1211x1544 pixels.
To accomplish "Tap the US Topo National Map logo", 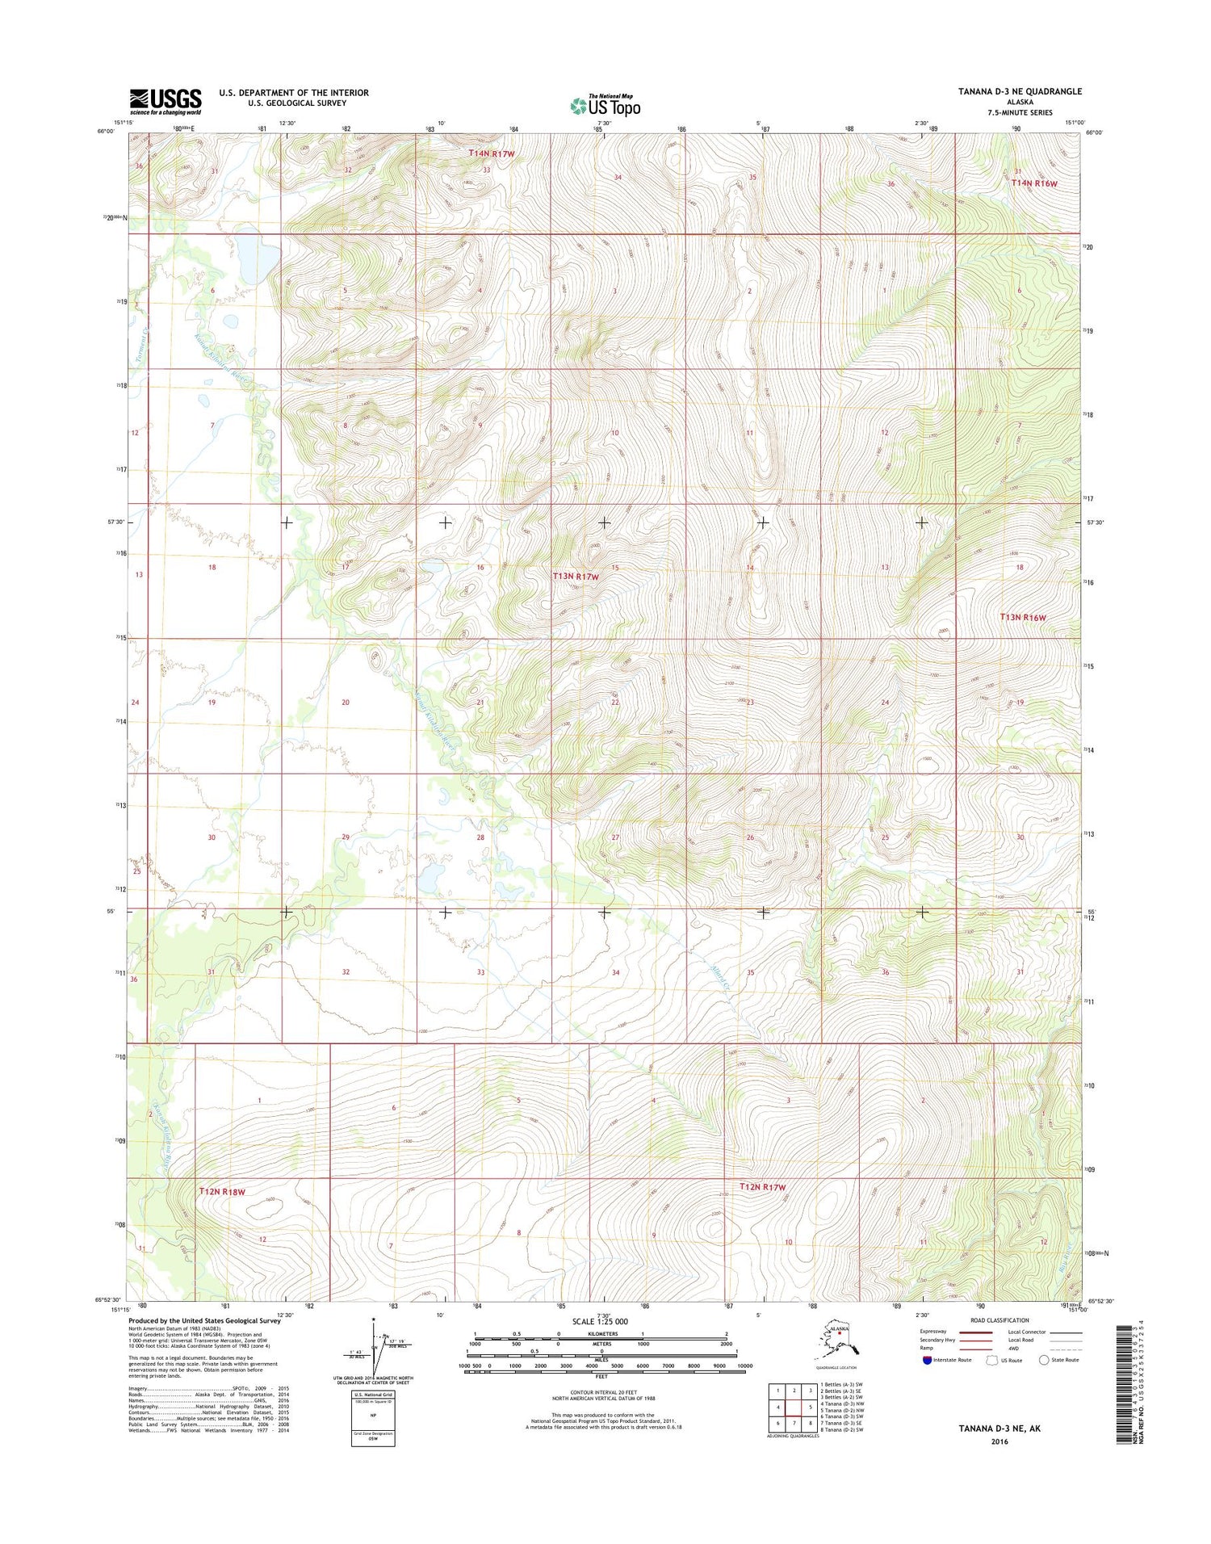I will (x=605, y=105).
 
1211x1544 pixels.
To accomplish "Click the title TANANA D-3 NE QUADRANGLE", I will (x=1020, y=91).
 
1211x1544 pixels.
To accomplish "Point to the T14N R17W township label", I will (x=492, y=153).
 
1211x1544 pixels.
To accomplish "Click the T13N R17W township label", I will (x=576, y=577).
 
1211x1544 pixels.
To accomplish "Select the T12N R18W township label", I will (x=222, y=1191).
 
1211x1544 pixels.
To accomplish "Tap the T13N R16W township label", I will (x=1023, y=617).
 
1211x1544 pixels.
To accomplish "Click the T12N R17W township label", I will (x=762, y=1187).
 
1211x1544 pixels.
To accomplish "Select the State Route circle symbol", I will (x=1044, y=1360).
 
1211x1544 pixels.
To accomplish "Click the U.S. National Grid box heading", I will (x=372, y=1395).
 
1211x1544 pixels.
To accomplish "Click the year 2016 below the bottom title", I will (x=999, y=1441).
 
